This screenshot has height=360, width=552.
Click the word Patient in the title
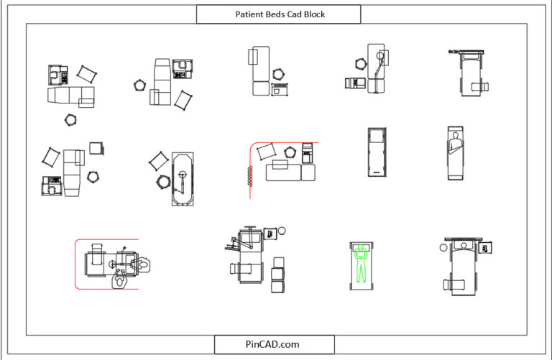point(249,14)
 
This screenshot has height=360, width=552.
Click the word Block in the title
point(313,14)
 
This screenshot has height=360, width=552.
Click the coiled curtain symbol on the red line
point(250,176)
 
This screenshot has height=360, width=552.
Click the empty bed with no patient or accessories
point(377,154)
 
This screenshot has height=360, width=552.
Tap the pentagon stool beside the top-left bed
point(70,120)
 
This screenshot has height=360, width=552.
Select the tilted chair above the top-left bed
point(86,73)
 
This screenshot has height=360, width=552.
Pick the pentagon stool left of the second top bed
point(139,85)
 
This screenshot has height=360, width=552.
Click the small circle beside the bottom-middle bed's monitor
point(282,231)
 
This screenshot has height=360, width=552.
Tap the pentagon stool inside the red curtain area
point(290,152)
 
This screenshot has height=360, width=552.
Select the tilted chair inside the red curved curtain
point(267,151)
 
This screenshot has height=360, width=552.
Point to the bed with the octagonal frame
point(183,178)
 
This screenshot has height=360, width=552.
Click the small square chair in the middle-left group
point(96,148)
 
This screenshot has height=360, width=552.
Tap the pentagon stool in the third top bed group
point(278,74)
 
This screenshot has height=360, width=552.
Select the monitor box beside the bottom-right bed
point(487,248)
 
